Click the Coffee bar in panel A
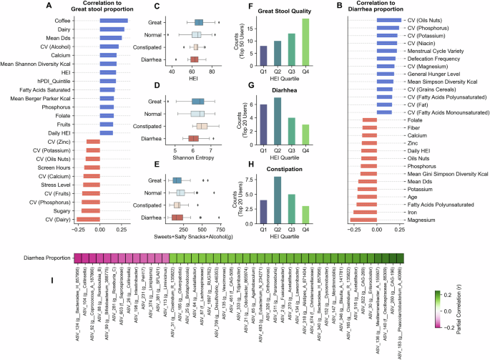114,20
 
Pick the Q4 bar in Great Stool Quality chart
305,42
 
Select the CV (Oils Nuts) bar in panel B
386,20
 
